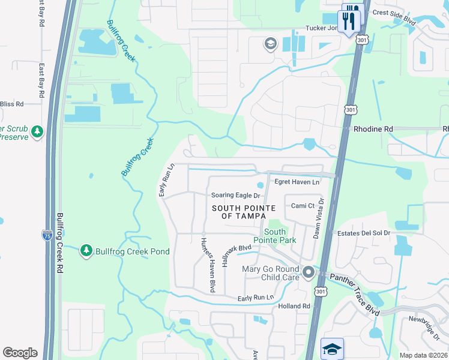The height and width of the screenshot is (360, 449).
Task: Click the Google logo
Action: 20,353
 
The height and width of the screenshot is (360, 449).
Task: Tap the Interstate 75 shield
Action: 47,235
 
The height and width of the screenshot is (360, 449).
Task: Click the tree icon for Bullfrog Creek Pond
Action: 86,250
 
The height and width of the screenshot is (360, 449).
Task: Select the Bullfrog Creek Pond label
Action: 133,251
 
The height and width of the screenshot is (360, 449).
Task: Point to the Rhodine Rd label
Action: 373,129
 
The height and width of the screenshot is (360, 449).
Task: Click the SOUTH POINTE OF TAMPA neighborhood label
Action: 244,212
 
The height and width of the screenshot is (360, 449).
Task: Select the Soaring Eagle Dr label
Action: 235,196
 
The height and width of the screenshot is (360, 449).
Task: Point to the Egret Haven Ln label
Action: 297,182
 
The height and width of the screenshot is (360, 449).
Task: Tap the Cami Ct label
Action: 303,206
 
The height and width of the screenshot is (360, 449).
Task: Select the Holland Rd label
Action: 294,307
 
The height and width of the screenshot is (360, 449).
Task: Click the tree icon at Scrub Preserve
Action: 37,131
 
